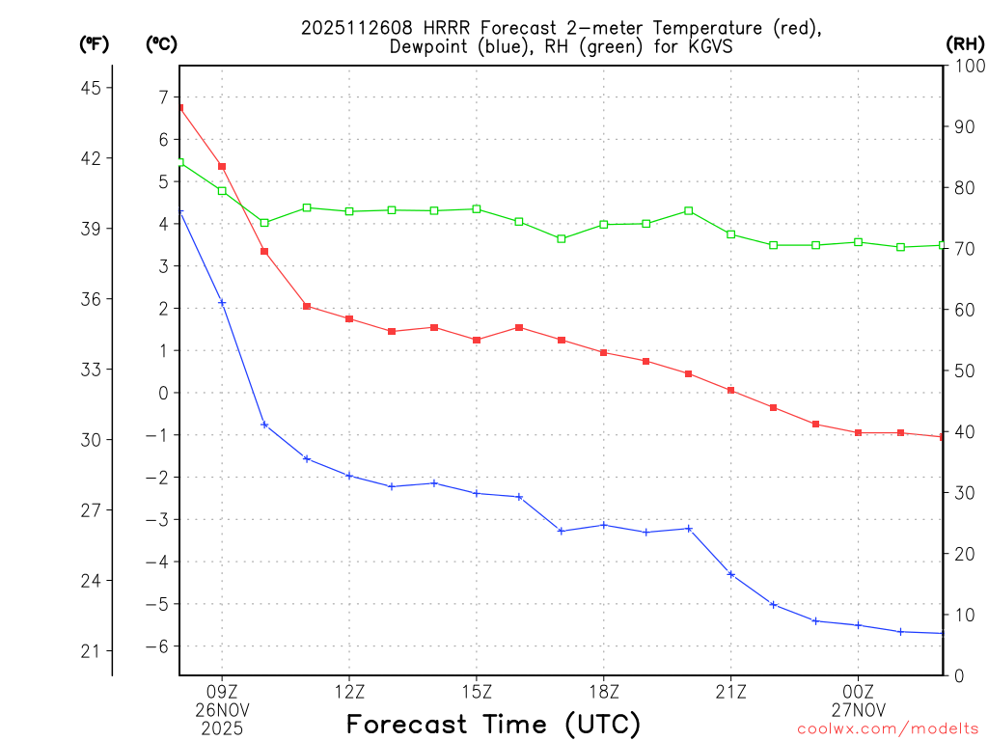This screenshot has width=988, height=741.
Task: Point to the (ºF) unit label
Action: point(95,43)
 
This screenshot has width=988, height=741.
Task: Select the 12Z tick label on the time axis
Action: point(349,691)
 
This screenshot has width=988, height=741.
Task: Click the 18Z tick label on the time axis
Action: point(604,691)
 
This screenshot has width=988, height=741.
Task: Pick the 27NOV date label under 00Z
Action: point(859,710)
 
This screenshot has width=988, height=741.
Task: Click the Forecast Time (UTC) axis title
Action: point(493,724)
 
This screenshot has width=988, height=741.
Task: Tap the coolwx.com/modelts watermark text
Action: point(888,728)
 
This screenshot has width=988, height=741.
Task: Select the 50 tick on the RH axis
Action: point(963,370)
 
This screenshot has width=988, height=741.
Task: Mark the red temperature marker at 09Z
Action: point(222,167)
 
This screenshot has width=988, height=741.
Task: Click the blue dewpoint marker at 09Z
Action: point(222,303)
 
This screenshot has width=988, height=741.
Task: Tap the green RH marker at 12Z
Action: point(349,211)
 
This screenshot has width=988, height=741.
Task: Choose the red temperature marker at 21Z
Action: point(731,390)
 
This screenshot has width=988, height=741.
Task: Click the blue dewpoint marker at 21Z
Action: point(731,575)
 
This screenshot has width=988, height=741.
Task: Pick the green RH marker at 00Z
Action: point(859,242)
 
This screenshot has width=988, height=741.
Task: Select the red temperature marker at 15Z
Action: point(477,340)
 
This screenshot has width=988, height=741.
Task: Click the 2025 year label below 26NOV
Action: point(222,728)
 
